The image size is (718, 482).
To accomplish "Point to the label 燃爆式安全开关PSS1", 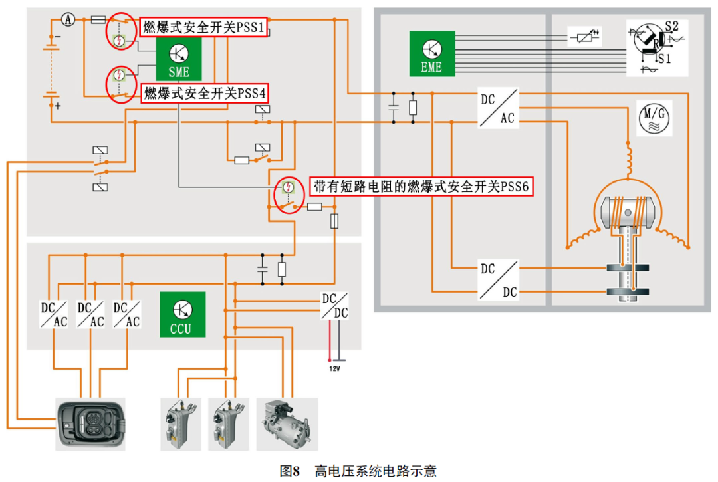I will (204, 28).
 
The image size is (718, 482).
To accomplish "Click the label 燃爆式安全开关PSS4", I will (205, 93).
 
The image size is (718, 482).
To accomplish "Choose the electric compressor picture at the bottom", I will (287, 420).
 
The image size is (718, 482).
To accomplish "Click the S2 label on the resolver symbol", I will (671, 26).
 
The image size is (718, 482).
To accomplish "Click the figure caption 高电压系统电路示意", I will (376, 471).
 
